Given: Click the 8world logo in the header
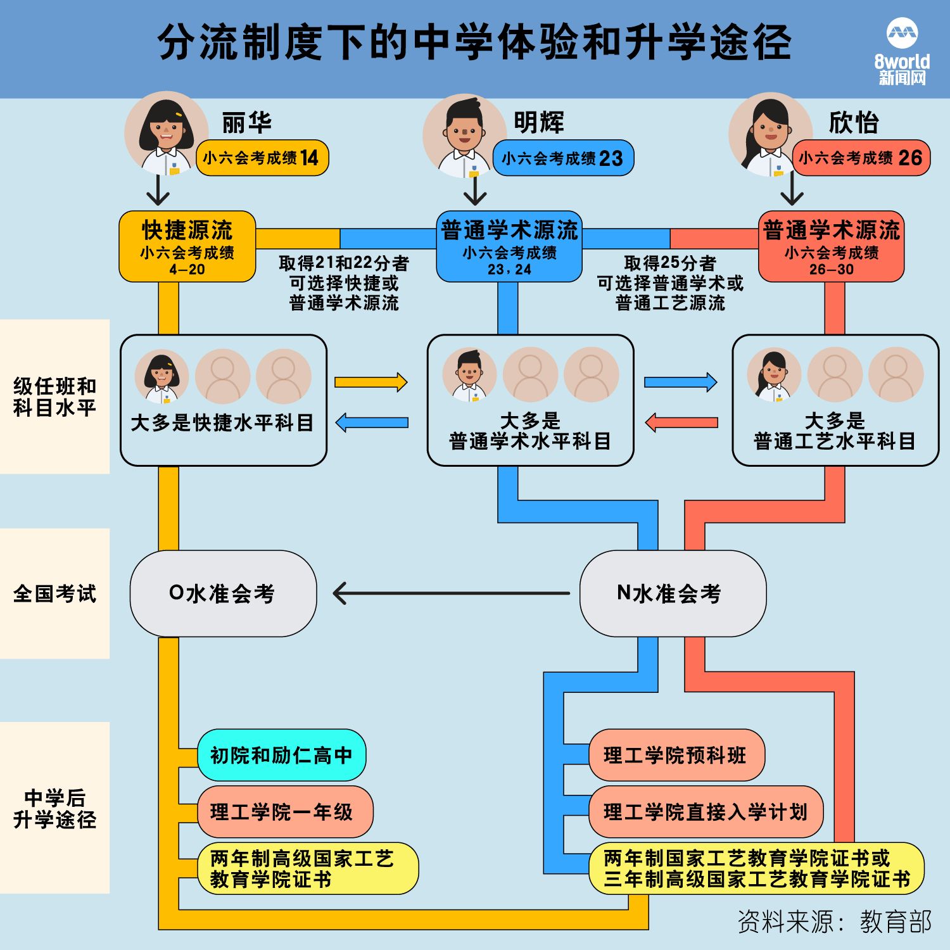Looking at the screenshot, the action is [x=902, y=52].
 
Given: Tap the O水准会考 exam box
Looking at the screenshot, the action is [x=223, y=593].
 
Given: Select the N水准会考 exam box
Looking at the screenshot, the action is [x=673, y=593].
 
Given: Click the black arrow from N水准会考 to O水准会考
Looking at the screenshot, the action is [x=451, y=593].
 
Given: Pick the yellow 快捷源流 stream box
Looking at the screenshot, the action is [x=187, y=246].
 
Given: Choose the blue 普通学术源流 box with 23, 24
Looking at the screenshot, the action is [x=509, y=246].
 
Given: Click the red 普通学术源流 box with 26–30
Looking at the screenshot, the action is [x=831, y=246].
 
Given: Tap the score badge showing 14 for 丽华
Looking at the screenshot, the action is [x=262, y=158].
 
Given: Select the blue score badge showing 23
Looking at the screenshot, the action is [x=563, y=158].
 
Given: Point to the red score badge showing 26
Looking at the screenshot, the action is [x=861, y=158].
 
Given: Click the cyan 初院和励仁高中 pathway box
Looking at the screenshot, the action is [x=282, y=755].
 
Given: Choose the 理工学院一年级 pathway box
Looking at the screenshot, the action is [x=286, y=812].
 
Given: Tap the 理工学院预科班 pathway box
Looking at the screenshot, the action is [x=677, y=755].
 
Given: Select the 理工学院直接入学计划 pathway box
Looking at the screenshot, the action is [x=706, y=812].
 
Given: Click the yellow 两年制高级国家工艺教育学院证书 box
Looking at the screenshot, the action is [x=308, y=868].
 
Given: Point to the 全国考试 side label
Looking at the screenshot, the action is [x=55, y=593].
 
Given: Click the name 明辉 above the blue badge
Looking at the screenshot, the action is [x=539, y=122].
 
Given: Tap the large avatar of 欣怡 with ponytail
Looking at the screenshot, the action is [x=770, y=134].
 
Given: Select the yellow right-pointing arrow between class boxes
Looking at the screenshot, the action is [x=371, y=382].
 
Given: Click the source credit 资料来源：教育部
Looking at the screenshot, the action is [x=835, y=922].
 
